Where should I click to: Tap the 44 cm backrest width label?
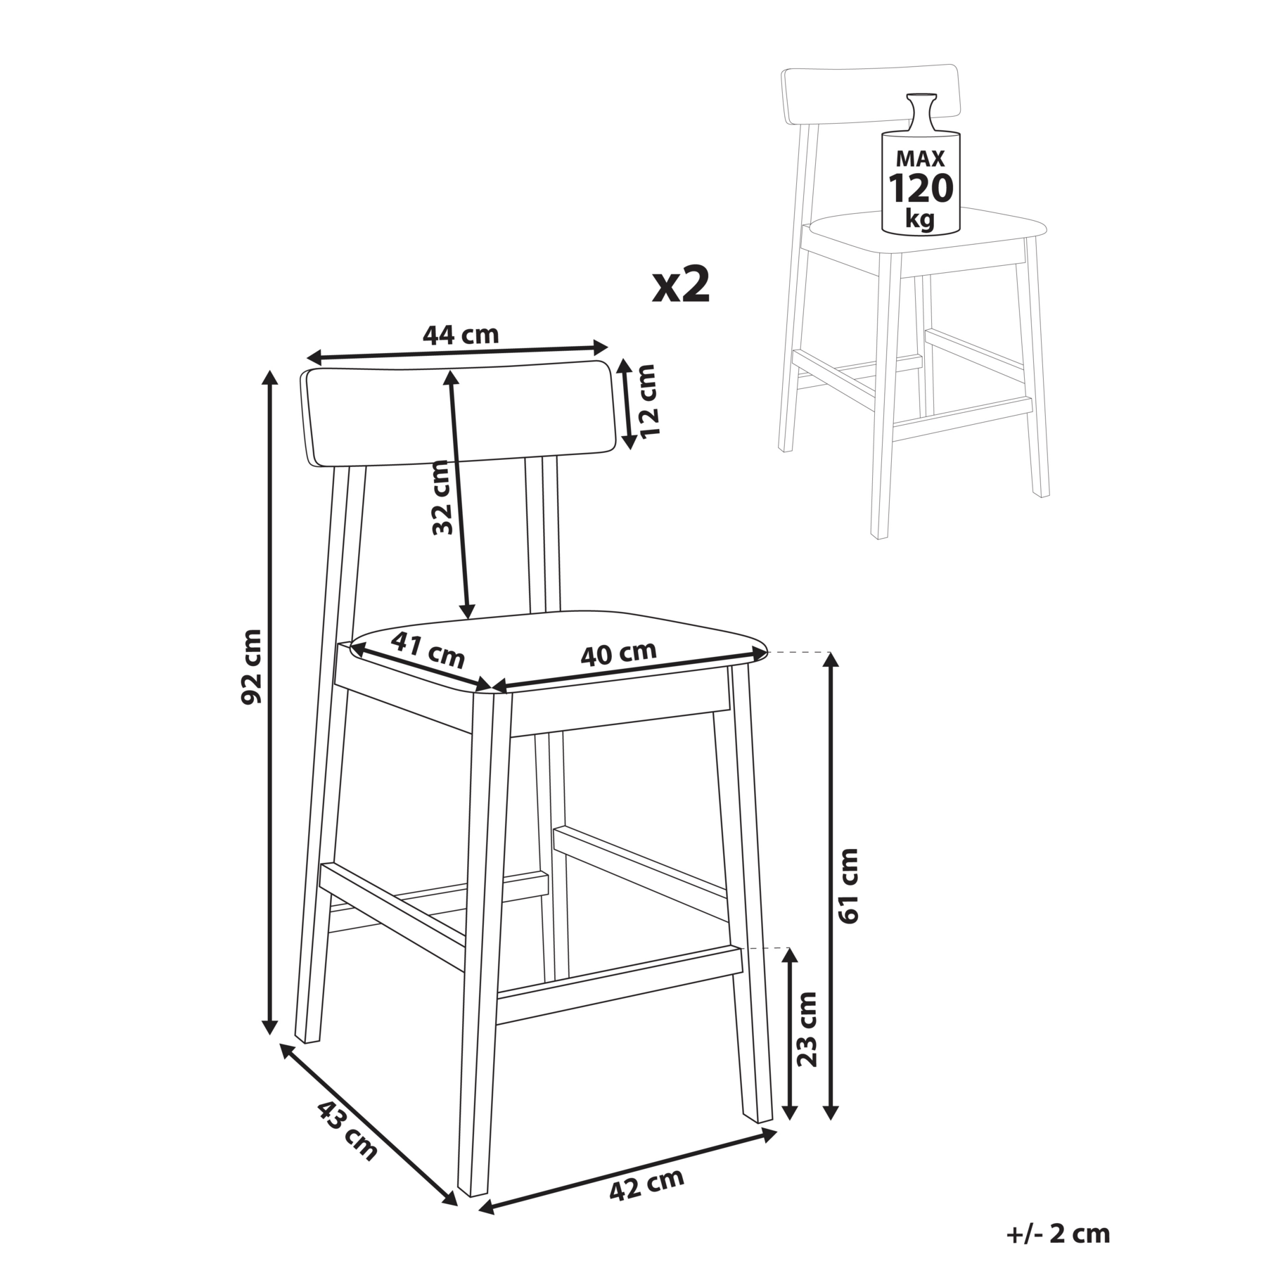click(x=461, y=334)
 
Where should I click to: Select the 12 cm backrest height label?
click(x=648, y=401)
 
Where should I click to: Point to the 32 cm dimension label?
click(x=442, y=497)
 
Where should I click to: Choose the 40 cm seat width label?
click(x=618, y=653)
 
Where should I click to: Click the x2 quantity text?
click(x=681, y=285)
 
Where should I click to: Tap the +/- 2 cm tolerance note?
click(x=1058, y=1234)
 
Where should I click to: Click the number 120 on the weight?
click(x=921, y=188)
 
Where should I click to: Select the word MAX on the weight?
click(x=921, y=158)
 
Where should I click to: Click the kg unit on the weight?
click(x=920, y=219)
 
